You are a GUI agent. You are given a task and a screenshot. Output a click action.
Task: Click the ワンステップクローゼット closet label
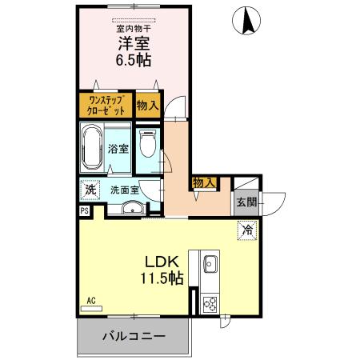pos(105,106)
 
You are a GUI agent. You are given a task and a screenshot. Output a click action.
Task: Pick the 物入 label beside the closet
pos(146,106)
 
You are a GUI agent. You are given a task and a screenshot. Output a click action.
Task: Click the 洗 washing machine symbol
pos(90,190)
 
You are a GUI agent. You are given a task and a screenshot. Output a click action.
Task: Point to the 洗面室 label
pos(125,190)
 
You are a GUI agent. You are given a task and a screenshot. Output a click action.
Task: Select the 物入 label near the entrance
pos(203,183)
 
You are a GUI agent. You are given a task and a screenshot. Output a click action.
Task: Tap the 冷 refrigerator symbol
pos(248,230)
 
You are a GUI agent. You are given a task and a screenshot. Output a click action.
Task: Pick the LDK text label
pos(162,262)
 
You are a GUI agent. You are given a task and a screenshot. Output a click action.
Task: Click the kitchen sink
pos(211,264)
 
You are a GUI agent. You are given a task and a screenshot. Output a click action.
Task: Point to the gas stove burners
pos(212,303)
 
